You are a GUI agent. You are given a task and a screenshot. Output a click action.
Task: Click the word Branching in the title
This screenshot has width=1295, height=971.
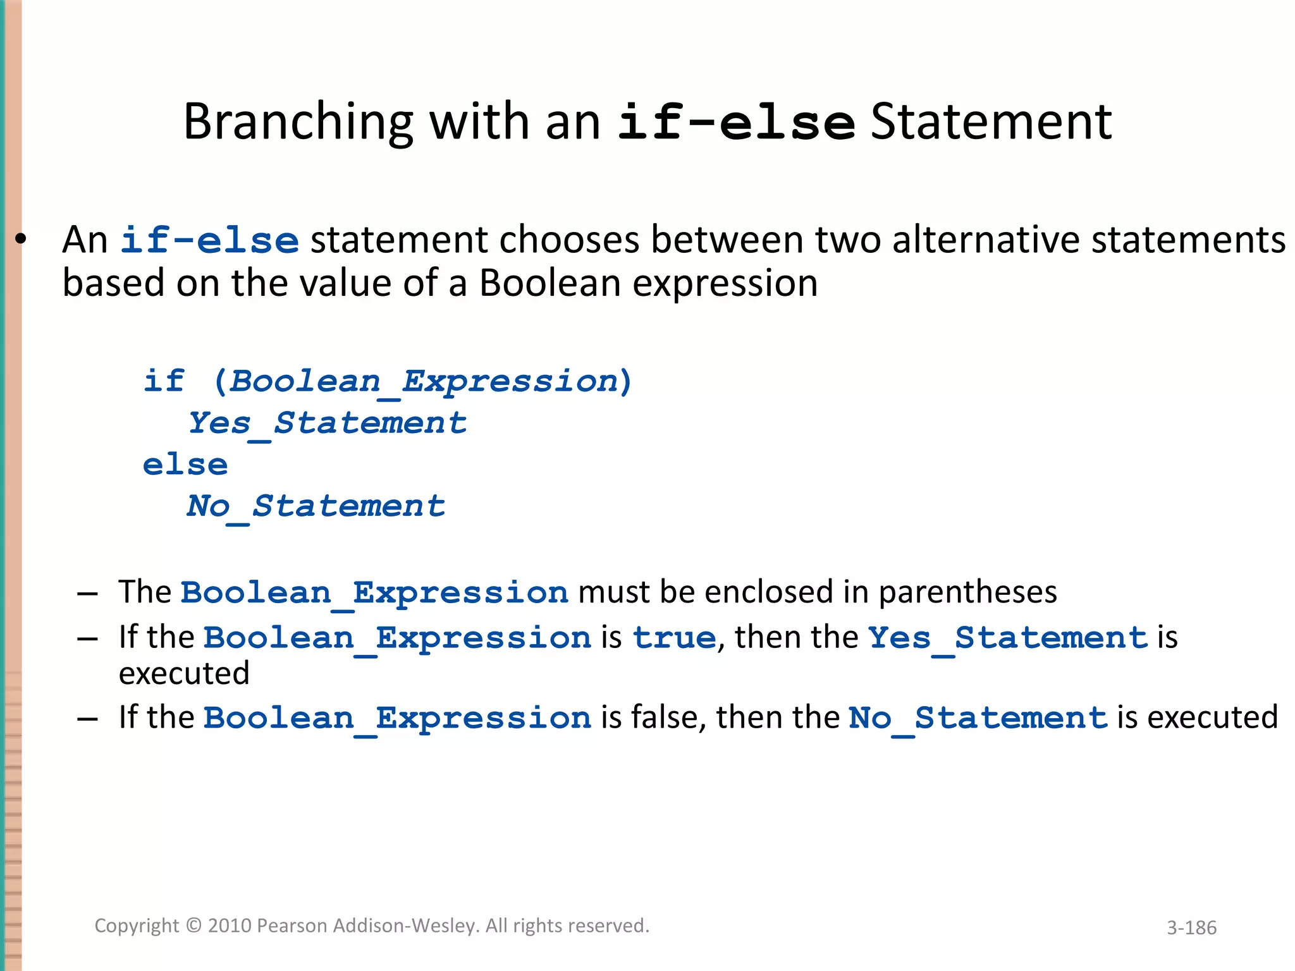coord(298,122)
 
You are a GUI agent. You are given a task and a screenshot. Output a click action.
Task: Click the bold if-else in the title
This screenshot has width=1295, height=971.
coord(736,122)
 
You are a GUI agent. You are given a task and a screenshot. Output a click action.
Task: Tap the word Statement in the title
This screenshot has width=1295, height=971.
coord(991,122)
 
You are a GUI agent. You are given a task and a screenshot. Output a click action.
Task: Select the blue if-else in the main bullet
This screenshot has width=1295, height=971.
coord(209,241)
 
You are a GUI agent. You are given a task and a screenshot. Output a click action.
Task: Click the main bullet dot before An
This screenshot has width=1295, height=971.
coord(21,240)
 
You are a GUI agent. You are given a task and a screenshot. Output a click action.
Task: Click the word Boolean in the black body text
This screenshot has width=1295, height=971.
coord(549,283)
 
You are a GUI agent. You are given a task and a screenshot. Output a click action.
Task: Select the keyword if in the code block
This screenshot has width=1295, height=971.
coord(164,381)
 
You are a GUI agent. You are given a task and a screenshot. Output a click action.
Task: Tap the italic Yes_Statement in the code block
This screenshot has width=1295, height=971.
coord(327,424)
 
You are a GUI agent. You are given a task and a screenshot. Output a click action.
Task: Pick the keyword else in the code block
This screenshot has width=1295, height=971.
coord(185,465)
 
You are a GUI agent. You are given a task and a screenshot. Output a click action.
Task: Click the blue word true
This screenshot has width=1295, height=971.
coord(674,637)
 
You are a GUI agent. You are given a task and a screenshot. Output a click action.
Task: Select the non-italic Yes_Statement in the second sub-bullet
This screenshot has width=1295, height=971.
coord(1007,637)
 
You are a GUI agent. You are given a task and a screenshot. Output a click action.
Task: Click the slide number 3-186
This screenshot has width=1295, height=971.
coord(1191,927)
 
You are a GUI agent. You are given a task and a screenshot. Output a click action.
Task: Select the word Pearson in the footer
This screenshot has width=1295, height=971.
coord(292,925)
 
